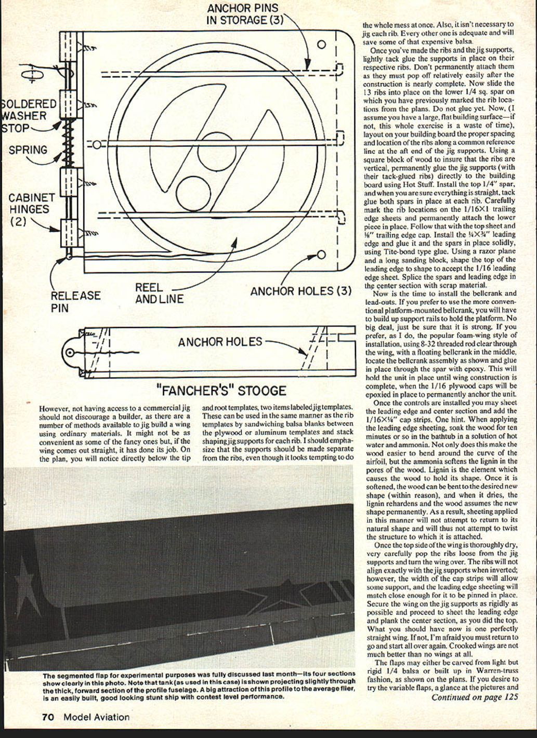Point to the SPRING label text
tap(28, 150)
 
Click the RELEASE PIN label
tap(75, 302)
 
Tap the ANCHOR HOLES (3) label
tap(301, 291)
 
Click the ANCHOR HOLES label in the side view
tap(220, 341)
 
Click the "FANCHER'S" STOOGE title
tap(221, 390)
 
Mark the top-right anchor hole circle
tap(321, 45)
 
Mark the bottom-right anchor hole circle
tap(321, 254)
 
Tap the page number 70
tap(48, 717)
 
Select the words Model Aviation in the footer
tap(97, 717)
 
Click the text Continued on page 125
tap(474, 697)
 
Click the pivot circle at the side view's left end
tap(70, 353)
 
